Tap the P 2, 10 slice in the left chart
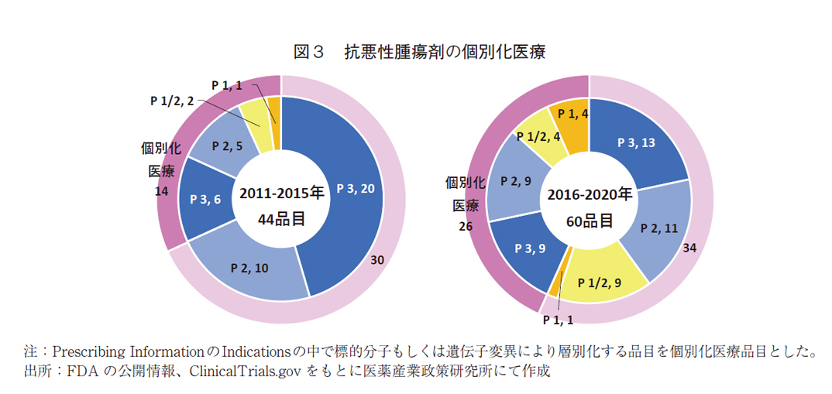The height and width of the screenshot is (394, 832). pyautogui.click(x=249, y=268)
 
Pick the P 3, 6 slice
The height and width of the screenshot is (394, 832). pyautogui.click(x=205, y=199)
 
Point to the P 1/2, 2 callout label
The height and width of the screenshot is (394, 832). pyautogui.click(x=171, y=100)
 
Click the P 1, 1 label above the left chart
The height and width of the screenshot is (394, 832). pyautogui.click(x=228, y=85)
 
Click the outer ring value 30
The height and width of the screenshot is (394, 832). pyautogui.click(x=376, y=261)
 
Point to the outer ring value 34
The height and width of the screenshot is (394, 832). pyautogui.click(x=690, y=248)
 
